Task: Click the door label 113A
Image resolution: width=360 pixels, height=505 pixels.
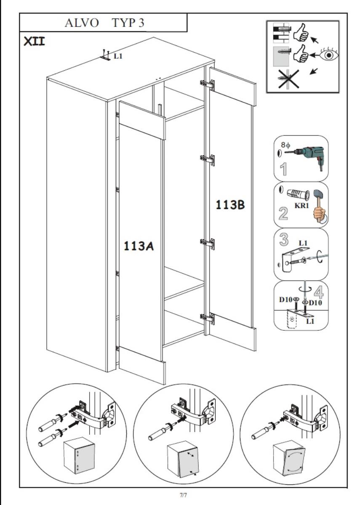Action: pyautogui.click(x=139, y=246)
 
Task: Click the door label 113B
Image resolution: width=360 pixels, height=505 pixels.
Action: pyautogui.click(x=230, y=205)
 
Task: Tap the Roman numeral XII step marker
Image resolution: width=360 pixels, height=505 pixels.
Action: pyautogui.click(x=34, y=41)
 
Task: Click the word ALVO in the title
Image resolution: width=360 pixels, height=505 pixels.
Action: pyautogui.click(x=82, y=23)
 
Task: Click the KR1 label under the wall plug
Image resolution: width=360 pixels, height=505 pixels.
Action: pyautogui.click(x=301, y=205)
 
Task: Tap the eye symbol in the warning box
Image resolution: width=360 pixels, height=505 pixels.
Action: pyautogui.click(x=330, y=55)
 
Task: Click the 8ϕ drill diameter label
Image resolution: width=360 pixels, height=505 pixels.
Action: pyautogui.click(x=285, y=145)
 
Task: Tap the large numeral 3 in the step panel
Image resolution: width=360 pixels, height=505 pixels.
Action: pyautogui.click(x=284, y=239)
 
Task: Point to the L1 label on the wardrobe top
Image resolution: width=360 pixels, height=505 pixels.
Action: pyautogui.click(x=118, y=56)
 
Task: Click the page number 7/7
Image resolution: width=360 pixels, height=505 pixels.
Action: pyautogui.click(x=183, y=495)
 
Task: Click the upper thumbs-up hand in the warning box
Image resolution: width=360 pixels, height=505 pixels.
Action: pyautogui.click(x=301, y=33)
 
